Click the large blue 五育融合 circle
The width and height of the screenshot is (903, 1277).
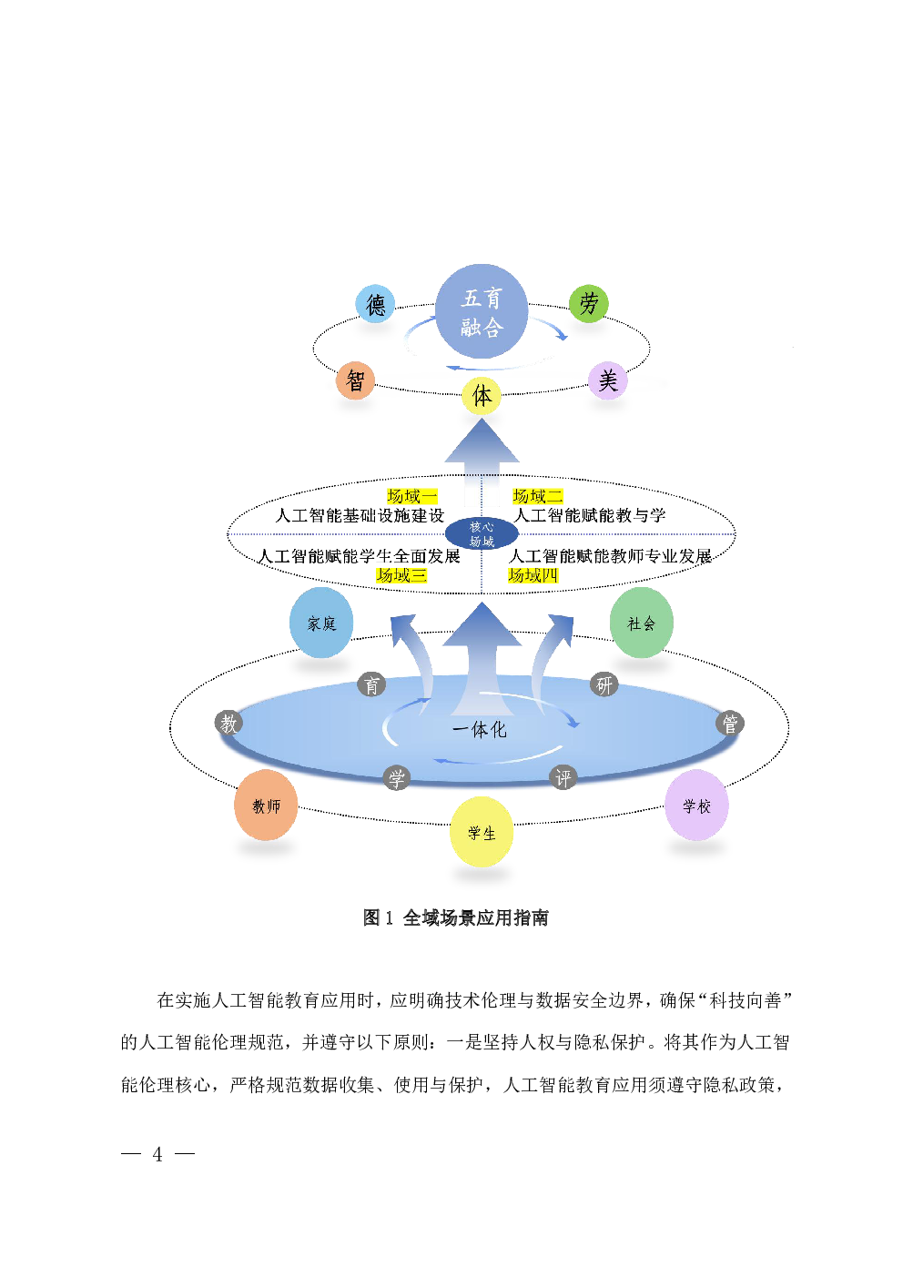point(482,311)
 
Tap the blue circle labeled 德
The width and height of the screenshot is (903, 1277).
point(375,304)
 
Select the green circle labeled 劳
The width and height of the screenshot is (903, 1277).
point(589,303)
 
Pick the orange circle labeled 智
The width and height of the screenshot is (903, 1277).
point(355,380)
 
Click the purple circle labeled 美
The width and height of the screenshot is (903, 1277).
point(608,380)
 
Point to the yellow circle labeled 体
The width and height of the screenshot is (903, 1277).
point(482,396)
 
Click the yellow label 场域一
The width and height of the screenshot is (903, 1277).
point(412,496)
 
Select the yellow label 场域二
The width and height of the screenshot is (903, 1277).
point(537,496)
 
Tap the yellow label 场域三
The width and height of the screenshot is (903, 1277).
point(401,575)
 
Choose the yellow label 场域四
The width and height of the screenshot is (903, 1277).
point(533,575)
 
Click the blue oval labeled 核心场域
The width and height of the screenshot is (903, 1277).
point(482,534)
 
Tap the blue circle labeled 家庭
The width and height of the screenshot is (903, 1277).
point(321,623)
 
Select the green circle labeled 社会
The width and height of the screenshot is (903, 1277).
point(642,623)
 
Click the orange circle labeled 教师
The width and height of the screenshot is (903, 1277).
point(266,806)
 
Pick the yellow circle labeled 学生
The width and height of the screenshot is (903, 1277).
point(482,832)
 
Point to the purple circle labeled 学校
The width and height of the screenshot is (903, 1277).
point(696,806)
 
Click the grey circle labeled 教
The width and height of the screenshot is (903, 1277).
point(228,724)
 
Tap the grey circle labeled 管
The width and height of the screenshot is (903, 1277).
point(730,724)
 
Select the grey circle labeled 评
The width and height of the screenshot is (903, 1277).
point(563,778)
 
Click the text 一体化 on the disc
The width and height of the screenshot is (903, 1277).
point(480,729)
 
